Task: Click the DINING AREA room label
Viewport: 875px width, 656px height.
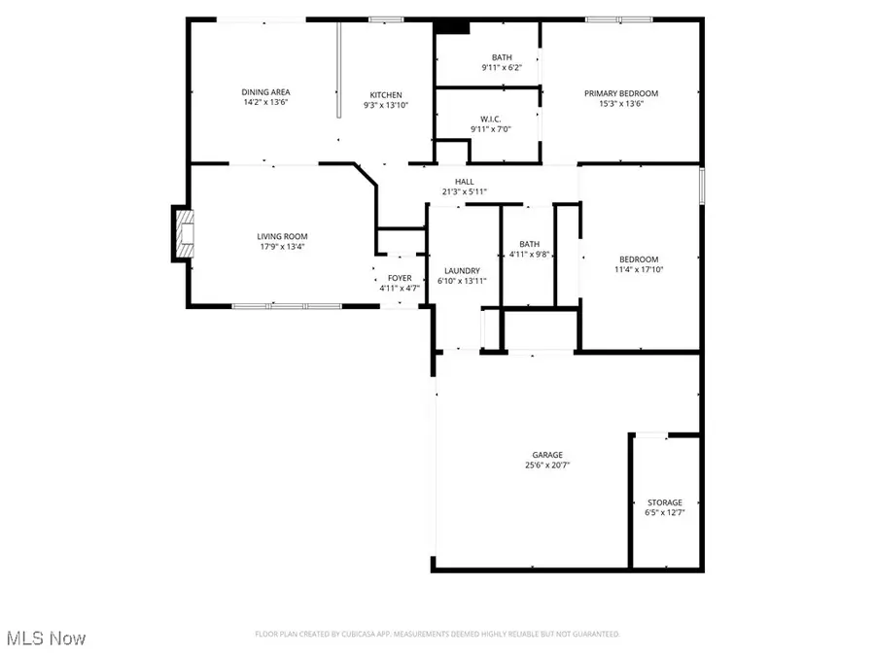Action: (x=266, y=92)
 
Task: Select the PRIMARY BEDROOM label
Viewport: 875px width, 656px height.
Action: (x=621, y=93)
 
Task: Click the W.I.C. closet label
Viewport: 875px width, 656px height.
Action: (x=491, y=118)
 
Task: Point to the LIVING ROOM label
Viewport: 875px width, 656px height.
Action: (x=282, y=236)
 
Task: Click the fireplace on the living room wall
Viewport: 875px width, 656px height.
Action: (x=183, y=234)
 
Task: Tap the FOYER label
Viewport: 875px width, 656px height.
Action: (x=400, y=278)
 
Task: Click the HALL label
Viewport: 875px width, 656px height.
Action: (x=465, y=182)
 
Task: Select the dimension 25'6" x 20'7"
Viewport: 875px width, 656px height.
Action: (x=546, y=465)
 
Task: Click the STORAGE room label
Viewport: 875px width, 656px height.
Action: (x=666, y=502)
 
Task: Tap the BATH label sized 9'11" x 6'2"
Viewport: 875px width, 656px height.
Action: (x=502, y=57)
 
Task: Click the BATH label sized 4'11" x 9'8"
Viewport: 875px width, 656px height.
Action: (x=529, y=244)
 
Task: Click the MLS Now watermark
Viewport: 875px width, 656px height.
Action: (x=47, y=638)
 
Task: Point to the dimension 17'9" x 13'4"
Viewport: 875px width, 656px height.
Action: (x=282, y=246)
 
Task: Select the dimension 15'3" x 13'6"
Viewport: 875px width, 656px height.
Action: (x=621, y=103)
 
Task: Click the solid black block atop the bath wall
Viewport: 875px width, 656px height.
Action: (x=452, y=27)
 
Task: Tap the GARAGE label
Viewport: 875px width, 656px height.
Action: (x=546, y=455)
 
